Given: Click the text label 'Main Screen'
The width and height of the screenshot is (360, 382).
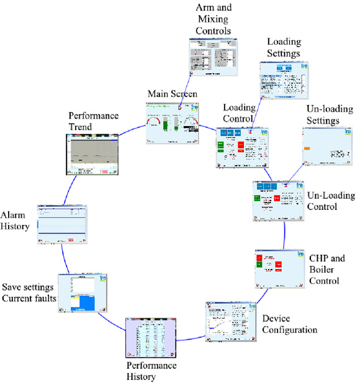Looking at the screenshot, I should click(x=172, y=94).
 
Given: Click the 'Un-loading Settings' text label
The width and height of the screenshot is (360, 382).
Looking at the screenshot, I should click(x=328, y=114).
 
